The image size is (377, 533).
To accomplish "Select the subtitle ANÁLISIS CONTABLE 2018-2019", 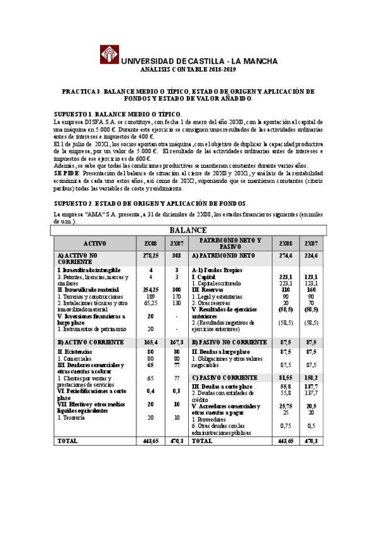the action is (x=191, y=70).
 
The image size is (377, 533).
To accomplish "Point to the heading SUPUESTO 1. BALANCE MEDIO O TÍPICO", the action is (x=128, y=113).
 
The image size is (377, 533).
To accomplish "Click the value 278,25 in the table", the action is (x=150, y=256).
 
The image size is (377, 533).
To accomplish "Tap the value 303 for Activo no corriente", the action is (x=176, y=256).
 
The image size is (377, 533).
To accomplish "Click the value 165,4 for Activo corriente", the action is (x=150, y=342).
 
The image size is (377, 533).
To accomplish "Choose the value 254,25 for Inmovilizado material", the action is (x=150, y=289).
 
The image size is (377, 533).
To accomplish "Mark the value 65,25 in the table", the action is (x=150, y=302).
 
